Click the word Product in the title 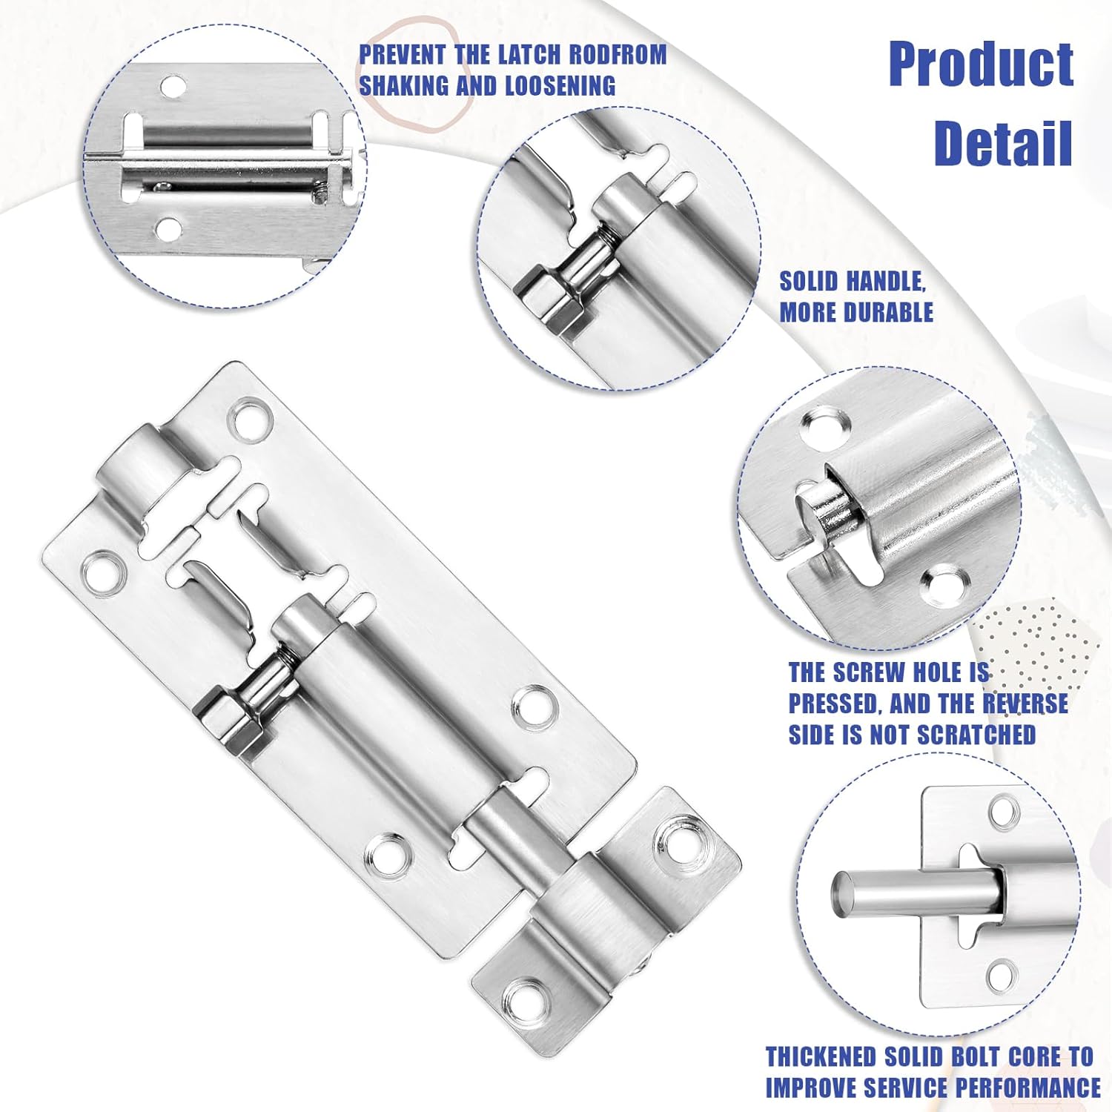pos(980,65)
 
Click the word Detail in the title pos(1002,142)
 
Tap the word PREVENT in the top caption pos(403,55)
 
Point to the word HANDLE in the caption pos(885,282)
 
